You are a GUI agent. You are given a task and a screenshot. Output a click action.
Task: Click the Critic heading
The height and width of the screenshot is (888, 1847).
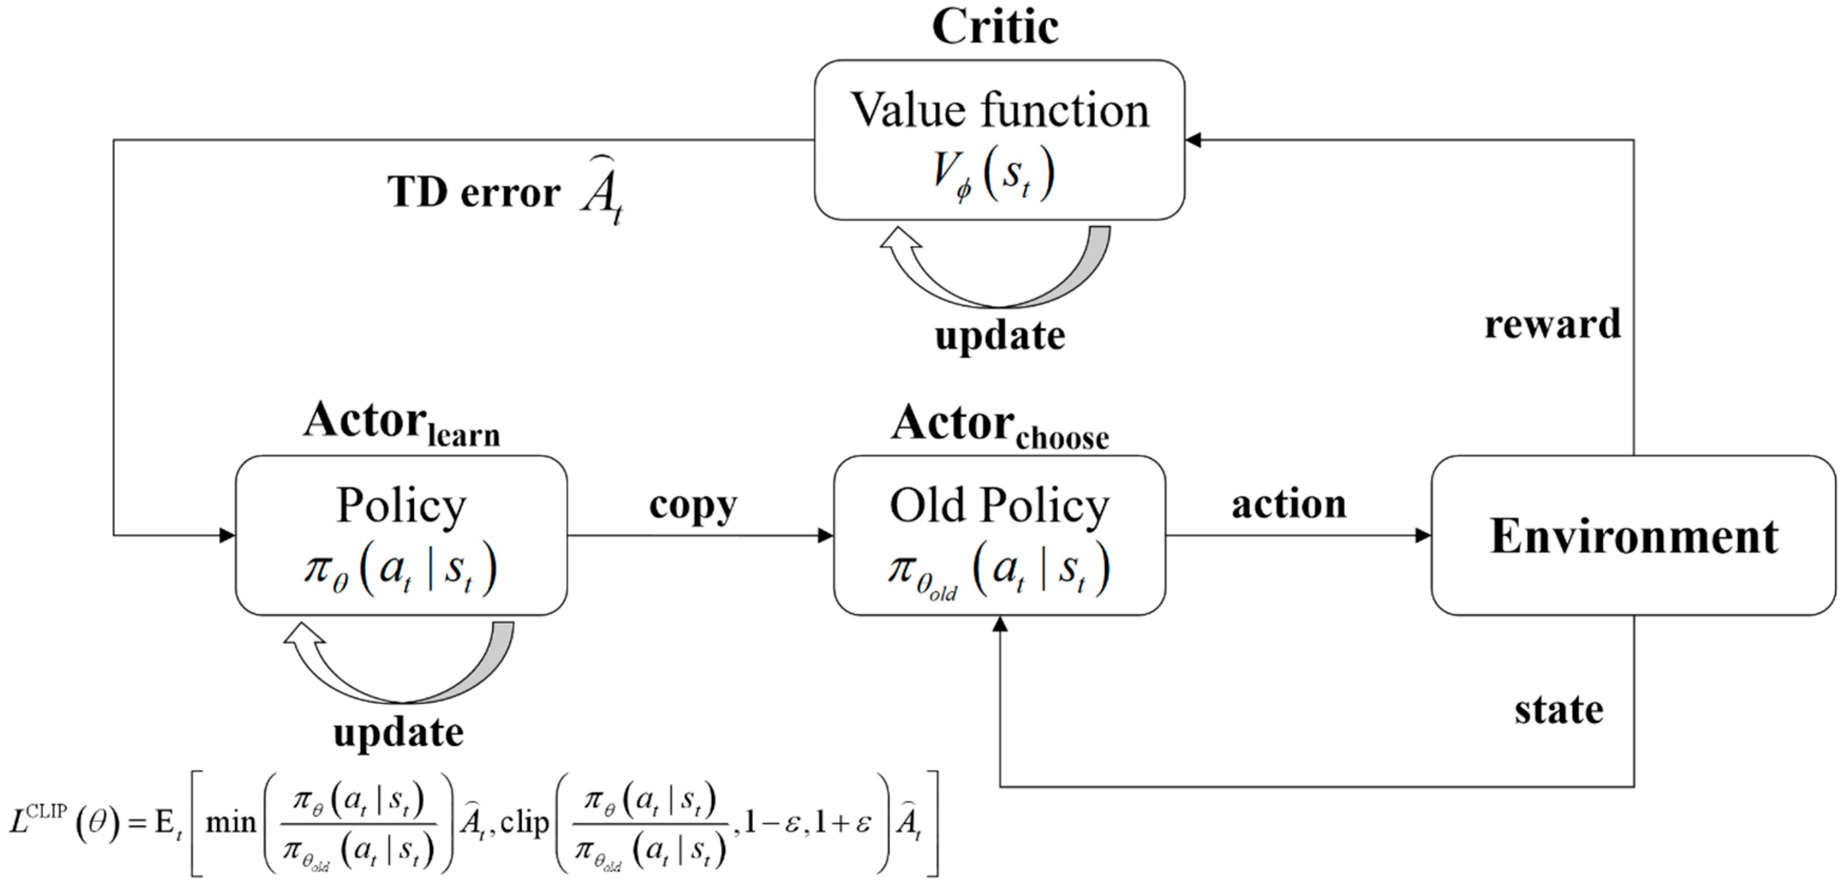(995, 27)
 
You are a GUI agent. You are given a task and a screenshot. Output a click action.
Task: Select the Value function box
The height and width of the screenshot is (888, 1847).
(999, 140)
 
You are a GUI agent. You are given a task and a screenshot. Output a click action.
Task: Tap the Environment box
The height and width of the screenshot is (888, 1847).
(1633, 535)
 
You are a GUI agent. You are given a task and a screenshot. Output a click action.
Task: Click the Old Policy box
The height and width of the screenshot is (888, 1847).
(999, 535)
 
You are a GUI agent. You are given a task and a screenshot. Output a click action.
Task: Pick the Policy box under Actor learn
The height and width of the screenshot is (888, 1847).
(401, 535)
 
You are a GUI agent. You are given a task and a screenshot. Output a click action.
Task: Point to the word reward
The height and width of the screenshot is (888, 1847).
(1552, 324)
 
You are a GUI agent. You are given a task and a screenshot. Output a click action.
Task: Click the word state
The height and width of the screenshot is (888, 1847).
(1559, 710)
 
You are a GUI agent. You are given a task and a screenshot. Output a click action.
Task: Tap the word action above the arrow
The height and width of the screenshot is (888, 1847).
(1288, 504)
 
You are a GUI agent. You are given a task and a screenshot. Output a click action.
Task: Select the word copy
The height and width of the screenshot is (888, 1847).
(692, 505)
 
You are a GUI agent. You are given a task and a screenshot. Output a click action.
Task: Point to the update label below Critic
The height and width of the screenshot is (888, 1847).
(999, 335)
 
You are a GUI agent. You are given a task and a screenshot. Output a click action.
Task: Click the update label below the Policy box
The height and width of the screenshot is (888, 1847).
(399, 732)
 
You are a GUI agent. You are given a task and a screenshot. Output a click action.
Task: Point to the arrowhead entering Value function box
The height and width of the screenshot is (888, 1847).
(1193, 140)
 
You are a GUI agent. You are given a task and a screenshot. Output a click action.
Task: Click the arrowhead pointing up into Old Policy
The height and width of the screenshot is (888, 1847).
(999, 625)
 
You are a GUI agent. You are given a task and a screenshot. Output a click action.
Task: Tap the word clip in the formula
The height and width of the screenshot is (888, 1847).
(524, 823)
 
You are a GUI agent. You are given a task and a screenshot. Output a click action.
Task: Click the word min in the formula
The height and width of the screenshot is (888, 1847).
(231, 823)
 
